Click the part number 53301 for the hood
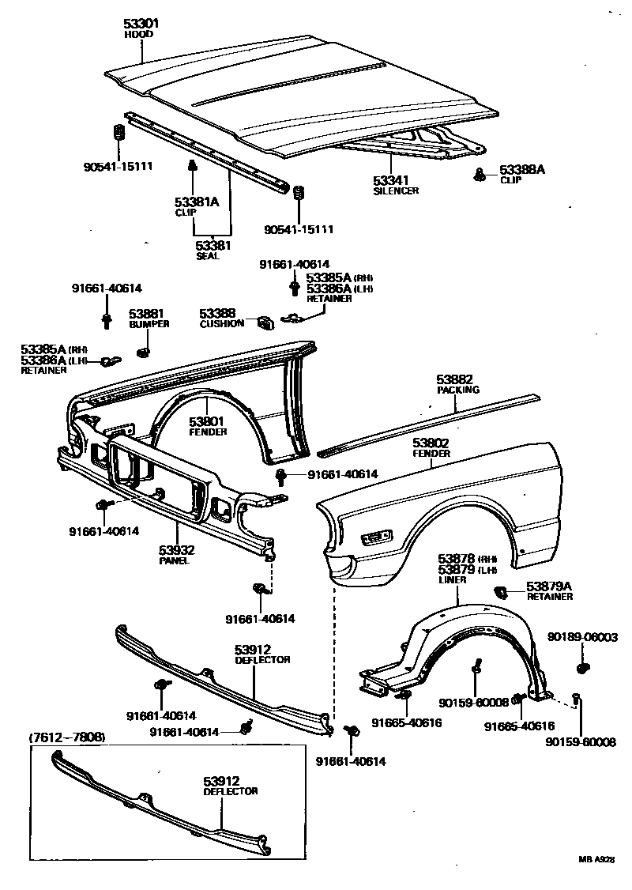[141, 24]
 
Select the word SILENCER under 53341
[396, 190]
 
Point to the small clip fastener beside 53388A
[480, 174]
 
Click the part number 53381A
[196, 202]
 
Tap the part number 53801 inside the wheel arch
[208, 421]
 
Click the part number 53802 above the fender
[431, 443]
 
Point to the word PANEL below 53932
[176, 560]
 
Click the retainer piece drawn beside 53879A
[500, 590]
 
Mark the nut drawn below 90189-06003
[583, 669]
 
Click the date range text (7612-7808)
[67, 737]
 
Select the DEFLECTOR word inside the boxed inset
[230, 790]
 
